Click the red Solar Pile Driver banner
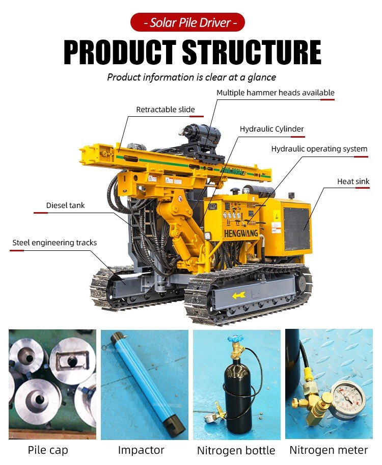pyautogui.click(x=187, y=22)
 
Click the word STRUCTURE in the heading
pyautogui.click(x=252, y=52)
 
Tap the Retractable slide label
pyautogui.click(x=166, y=110)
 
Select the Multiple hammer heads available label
pyautogui.click(x=276, y=92)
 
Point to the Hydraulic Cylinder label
pyautogui.click(x=272, y=129)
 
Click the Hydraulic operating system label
pyautogui.click(x=319, y=149)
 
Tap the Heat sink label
pyautogui.click(x=353, y=181)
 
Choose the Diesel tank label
pyautogui.click(x=66, y=205)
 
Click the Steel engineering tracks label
pyautogui.click(x=54, y=243)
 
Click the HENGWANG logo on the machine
pyautogui.click(x=241, y=234)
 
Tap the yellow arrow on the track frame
pyautogui.click(x=238, y=295)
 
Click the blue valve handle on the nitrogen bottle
pyautogui.click(x=235, y=338)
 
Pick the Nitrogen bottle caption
pyautogui.click(x=236, y=451)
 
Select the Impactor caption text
pyautogui.click(x=141, y=450)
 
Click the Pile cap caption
pyautogui.click(x=48, y=450)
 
